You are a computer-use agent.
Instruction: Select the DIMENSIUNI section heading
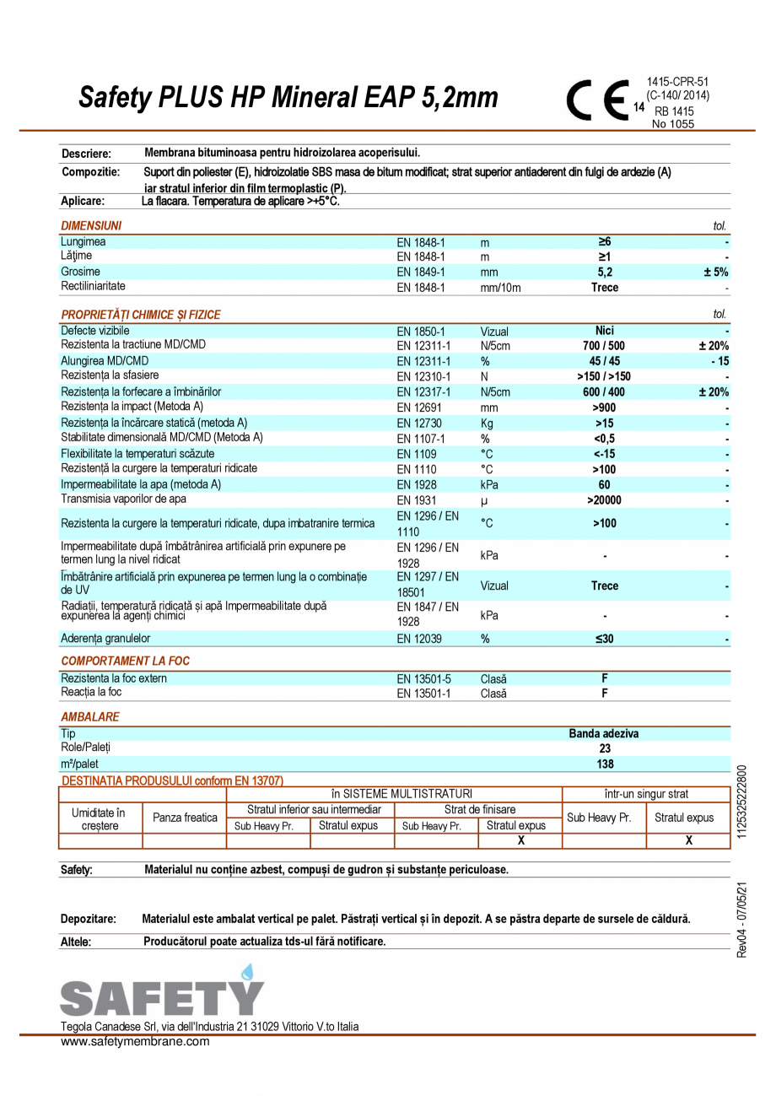coord(91,226)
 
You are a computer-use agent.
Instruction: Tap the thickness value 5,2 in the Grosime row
coord(605,273)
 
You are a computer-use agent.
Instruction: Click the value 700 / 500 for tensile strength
coord(605,345)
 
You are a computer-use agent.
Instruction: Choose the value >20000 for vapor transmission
coord(605,499)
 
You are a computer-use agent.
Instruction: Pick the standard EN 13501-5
coord(424,679)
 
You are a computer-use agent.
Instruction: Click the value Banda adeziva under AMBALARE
coord(604,734)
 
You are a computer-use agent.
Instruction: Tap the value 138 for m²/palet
coord(605,764)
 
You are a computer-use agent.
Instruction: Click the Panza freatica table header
coord(185,818)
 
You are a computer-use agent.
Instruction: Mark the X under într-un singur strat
coord(688,841)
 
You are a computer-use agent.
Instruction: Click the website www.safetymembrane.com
coord(135,1041)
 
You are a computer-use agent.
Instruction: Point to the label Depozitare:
coord(89,919)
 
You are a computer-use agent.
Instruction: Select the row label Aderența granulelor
coord(105,640)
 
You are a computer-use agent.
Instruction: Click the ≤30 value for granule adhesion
coord(605,640)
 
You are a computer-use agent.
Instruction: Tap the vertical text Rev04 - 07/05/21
coord(741,920)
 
